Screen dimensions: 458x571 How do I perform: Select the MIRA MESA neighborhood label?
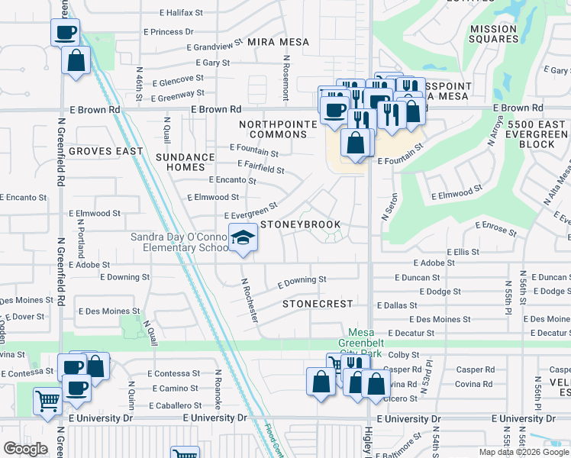coord(278,43)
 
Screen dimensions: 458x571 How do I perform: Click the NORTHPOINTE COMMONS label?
coord(273,129)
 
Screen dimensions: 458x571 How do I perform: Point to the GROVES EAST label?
coord(105,151)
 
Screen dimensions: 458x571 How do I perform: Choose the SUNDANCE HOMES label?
coord(185,162)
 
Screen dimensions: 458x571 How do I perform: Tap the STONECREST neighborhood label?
coord(318,304)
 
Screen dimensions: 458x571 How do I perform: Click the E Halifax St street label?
coord(181,13)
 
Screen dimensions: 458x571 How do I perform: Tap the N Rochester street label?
coord(250,298)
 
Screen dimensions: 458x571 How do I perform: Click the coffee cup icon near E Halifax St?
coord(65,33)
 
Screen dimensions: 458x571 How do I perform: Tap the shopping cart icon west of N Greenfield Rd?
coord(47,400)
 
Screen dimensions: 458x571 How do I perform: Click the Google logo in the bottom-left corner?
coord(25,449)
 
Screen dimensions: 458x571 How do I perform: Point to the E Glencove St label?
coord(178,79)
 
